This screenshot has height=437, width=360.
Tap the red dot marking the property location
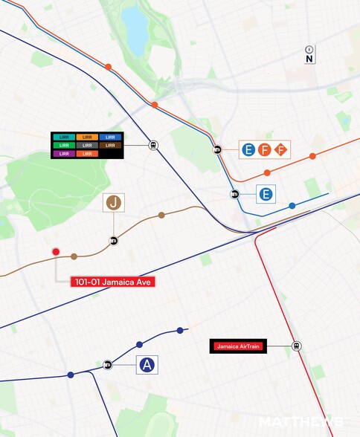click(x=56, y=252)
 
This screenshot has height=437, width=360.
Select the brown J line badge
click(x=114, y=203)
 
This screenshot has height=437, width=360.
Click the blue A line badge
click(x=147, y=364)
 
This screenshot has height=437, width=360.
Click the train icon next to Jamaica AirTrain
click(x=296, y=346)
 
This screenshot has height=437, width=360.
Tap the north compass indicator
click(x=309, y=54)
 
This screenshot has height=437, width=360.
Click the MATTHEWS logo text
click(x=301, y=422)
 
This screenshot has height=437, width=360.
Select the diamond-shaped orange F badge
click(x=280, y=150)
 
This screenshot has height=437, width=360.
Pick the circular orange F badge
click(x=265, y=150)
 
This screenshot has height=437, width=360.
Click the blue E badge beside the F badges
click(x=248, y=150)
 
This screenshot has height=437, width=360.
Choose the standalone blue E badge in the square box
click(x=266, y=195)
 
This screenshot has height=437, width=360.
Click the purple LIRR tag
click(x=62, y=154)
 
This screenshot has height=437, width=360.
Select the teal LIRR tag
click(x=62, y=137)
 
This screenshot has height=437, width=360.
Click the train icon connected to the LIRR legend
click(x=153, y=146)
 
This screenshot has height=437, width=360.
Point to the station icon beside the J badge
click(x=114, y=240)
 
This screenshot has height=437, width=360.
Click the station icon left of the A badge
click(x=108, y=364)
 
